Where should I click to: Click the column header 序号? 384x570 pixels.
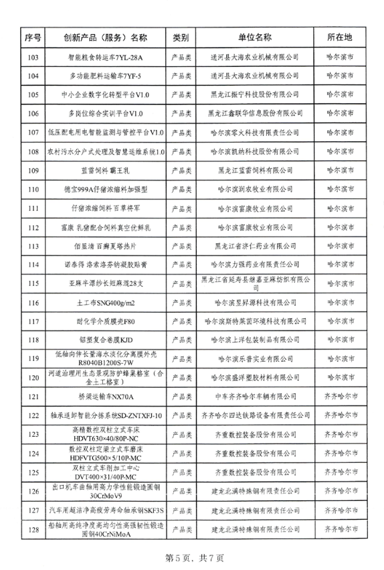(33, 35)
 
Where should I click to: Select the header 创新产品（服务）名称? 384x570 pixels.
(106, 35)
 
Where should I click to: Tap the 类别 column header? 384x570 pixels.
(181, 35)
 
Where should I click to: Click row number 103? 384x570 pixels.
(33, 57)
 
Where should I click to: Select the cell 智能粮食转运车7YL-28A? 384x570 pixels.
(106, 57)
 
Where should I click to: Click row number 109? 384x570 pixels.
(33, 170)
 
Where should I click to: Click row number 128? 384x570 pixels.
(33, 529)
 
